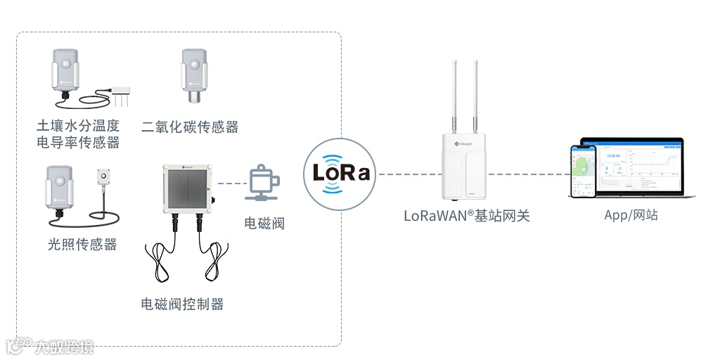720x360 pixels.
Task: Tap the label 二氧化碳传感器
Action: pyautogui.click(x=190, y=127)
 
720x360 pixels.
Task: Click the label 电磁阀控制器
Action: pyautogui.click(x=182, y=304)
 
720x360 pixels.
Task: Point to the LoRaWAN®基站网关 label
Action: pyautogui.click(x=466, y=216)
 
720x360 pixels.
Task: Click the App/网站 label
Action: pyautogui.click(x=631, y=215)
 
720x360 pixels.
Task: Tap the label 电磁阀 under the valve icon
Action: pyautogui.click(x=264, y=224)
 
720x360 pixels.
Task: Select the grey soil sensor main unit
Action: pyautogui.click(x=64, y=70)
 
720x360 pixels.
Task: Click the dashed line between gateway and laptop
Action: pyautogui.click(x=527, y=174)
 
